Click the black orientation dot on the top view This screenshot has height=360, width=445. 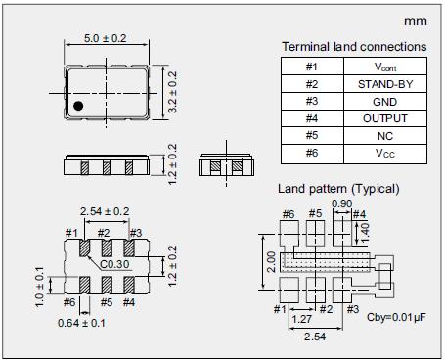point(78,106)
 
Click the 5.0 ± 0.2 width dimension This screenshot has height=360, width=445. point(105,38)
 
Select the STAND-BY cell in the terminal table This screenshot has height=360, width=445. point(385,84)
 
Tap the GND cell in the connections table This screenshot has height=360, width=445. point(385,102)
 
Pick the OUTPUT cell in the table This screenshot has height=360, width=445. point(385,118)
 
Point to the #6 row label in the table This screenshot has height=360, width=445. point(312,153)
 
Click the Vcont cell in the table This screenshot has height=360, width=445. point(385,67)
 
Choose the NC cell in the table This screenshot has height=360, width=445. point(385,136)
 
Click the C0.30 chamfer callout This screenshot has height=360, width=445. point(114,264)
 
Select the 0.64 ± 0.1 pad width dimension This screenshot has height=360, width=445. point(81,323)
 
